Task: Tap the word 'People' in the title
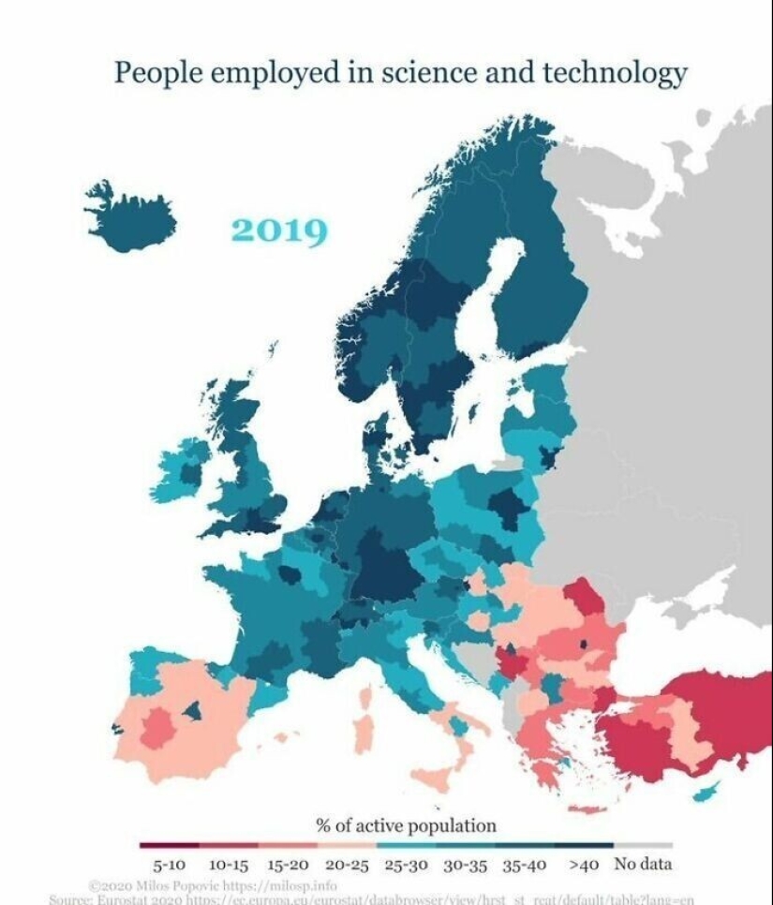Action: click(x=156, y=73)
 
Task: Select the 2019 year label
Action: click(x=279, y=230)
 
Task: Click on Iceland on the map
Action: click(x=134, y=221)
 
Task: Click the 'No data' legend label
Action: click(x=643, y=865)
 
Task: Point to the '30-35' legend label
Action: click(x=466, y=865)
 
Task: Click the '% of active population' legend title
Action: click(x=406, y=826)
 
